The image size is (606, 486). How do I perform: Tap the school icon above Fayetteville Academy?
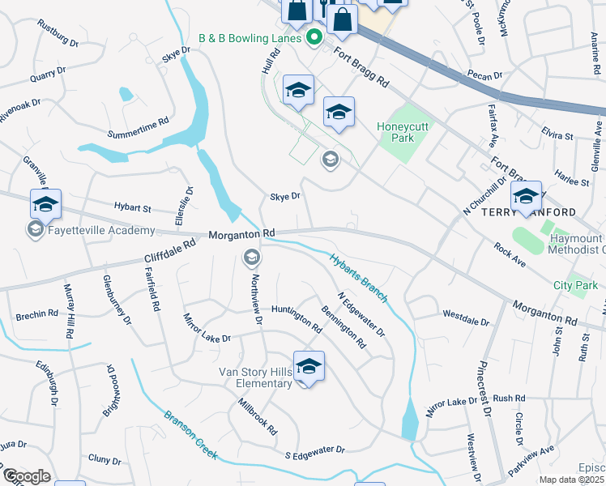(x=45, y=204)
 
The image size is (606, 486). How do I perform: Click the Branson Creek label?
(x=190, y=436)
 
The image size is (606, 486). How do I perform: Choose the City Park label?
(x=575, y=285)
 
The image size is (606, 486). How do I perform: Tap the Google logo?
(x=26, y=476)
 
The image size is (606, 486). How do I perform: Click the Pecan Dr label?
(x=485, y=75)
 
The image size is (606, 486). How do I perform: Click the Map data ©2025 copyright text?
(x=570, y=480)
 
